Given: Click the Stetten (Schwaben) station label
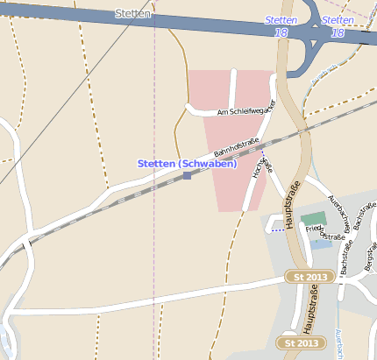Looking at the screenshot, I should tap(187, 164).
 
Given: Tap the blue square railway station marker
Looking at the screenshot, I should tap(187, 176).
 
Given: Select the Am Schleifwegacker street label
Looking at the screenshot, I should tap(247, 108).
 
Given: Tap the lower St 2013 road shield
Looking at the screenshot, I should tap(297, 342).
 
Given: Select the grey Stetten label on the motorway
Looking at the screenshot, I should tap(133, 15).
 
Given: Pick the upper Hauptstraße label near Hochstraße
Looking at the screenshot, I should tap(292, 206).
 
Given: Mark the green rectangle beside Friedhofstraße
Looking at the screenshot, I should tap(312, 219).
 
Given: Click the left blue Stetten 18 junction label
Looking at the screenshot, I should tap(281, 25).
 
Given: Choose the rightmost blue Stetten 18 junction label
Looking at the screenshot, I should tap(338, 25).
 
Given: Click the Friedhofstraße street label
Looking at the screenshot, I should tap(324, 232).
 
